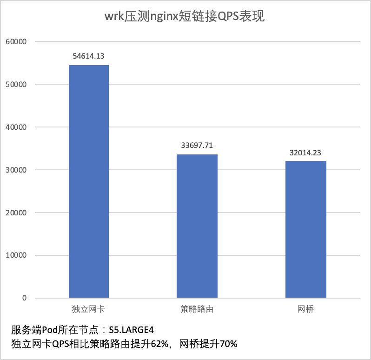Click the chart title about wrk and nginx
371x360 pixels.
click(x=185, y=17)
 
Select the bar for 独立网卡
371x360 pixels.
click(x=89, y=181)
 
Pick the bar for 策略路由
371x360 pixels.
click(x=197, y=226)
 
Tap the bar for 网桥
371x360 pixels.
click(x=305, y=229)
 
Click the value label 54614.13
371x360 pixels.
click(x=88, y=56)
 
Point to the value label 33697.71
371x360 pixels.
click(x=197, y=146)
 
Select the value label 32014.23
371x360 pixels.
click(x=305, y=152)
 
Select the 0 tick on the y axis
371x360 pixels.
click(x=24, y=298)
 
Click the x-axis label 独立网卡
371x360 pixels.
click(x=88, y=309)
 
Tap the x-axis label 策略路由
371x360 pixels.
click(x=197, y=309)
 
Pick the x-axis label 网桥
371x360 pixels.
click(x=305, y=309)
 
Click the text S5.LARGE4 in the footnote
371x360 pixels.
click(x=131, y=330)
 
